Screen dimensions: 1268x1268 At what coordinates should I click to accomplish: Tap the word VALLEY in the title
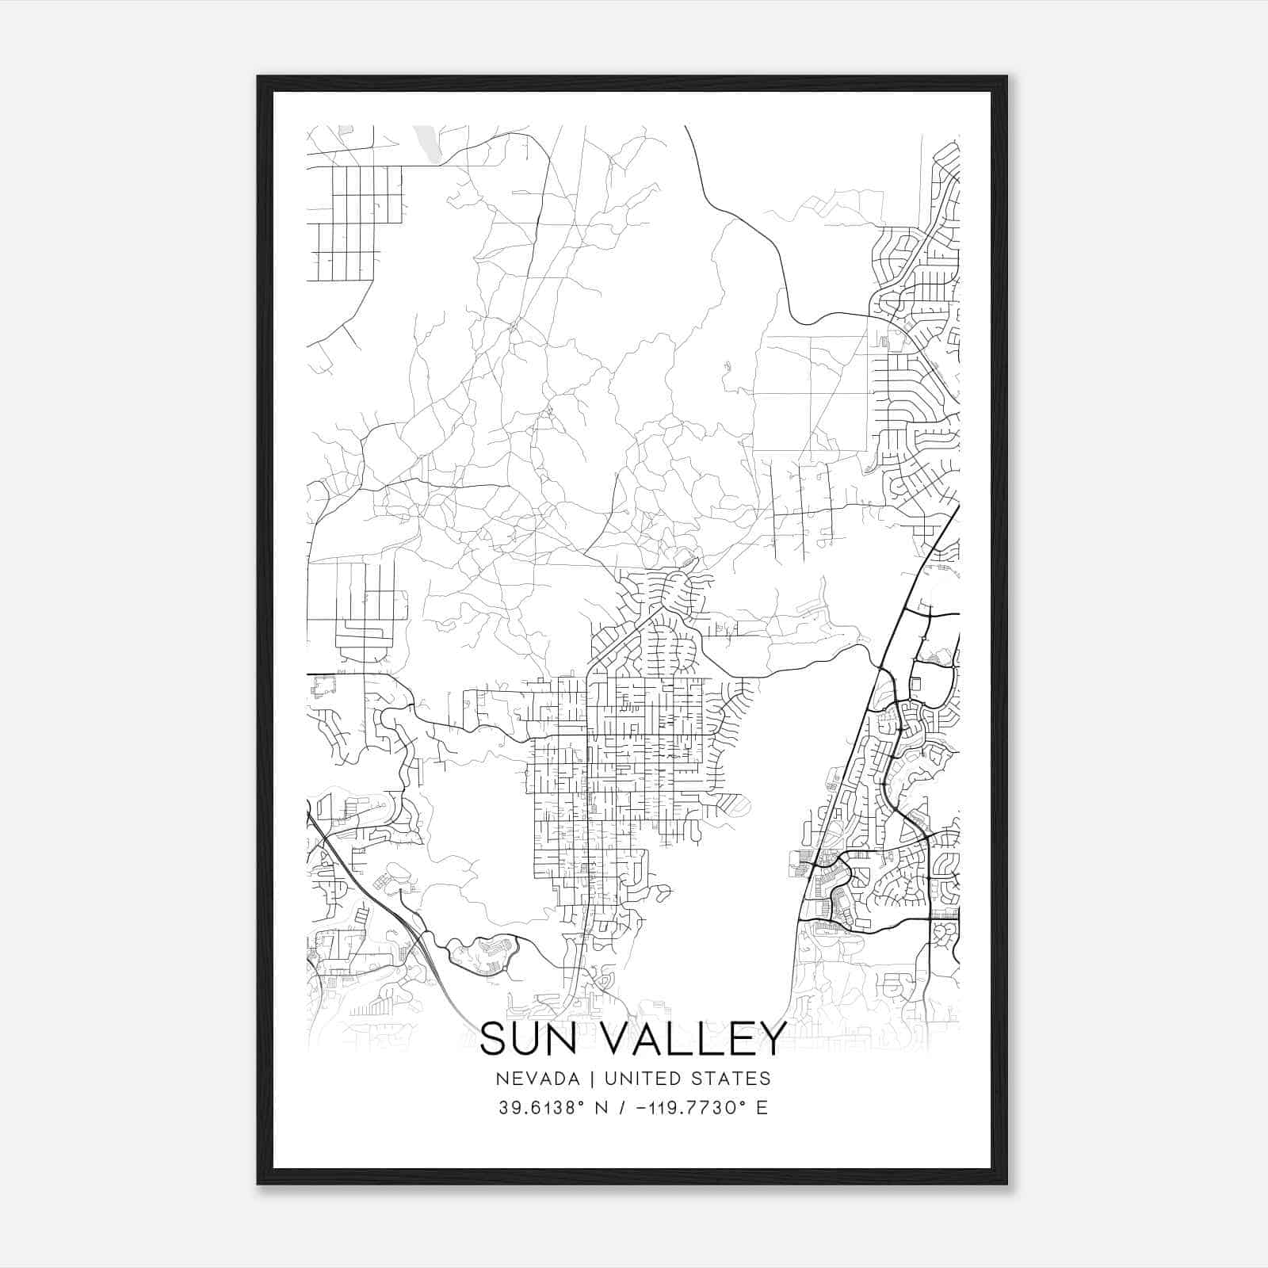697,1039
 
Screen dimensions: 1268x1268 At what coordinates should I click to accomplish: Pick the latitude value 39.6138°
543,1107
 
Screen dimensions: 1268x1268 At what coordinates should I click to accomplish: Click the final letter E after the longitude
762,1107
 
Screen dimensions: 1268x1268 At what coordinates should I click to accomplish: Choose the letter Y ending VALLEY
772,1039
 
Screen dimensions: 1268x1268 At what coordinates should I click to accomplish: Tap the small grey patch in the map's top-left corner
345,129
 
